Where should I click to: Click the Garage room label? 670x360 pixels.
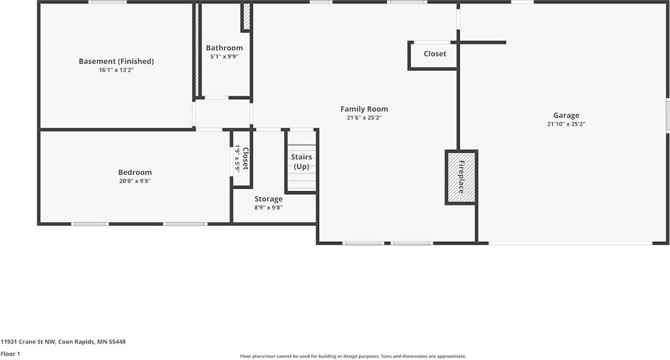[x=566, y=116]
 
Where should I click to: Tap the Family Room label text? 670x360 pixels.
[x=364, y=109]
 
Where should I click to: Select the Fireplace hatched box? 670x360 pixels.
[x=461, y=177]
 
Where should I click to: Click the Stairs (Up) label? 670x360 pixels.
[x=301, y=162]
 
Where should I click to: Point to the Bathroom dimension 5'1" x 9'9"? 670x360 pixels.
[x=224, y=57]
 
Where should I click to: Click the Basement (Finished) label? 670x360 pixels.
[x=116, y=61]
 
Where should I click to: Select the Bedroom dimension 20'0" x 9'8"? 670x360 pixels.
[x=135, y=181]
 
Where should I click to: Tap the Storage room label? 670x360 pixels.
[x=269, y=199]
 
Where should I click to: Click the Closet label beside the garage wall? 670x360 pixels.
[x=435, y=54]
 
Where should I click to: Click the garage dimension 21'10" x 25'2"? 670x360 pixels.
[x=566, y=125]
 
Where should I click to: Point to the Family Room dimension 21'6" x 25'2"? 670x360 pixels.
[x=364, y=118]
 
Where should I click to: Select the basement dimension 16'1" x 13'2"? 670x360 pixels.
[x=116, y=70]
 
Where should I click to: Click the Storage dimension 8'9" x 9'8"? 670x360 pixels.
[x=269, y=208]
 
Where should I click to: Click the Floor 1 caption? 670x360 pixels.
[x=10, y=354]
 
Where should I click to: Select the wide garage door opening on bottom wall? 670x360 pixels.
[x=570, y=243]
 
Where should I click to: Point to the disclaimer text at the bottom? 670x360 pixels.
[x=352, y=356]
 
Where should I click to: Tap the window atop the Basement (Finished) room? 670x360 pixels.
[x=107, y=2]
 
